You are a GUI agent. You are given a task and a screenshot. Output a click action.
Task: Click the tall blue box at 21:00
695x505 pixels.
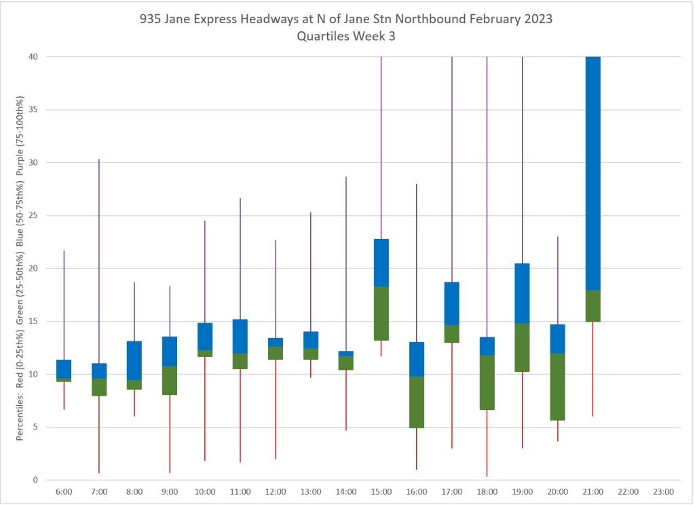coord(593,173)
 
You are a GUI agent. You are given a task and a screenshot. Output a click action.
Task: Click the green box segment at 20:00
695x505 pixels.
coord(557,387)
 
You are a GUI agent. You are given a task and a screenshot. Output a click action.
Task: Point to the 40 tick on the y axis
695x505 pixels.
coord(32,57)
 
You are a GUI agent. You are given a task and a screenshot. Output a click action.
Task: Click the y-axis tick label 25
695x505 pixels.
coord(32,216)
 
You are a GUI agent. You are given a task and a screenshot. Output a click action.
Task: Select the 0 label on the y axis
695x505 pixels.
coord(35,480)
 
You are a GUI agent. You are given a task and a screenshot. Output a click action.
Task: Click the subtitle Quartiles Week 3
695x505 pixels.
coord(347,37)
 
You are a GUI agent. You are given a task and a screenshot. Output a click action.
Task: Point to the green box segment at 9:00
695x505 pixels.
coord(170,380)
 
